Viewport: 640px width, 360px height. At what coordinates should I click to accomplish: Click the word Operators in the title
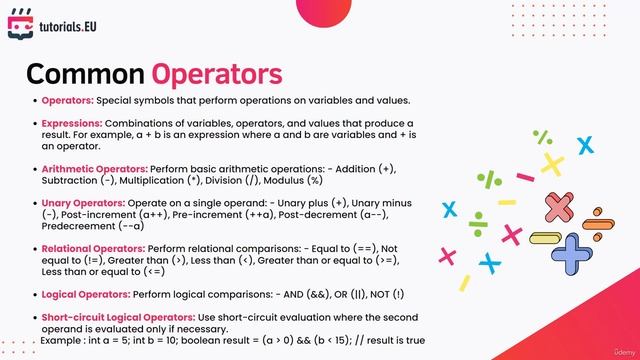click(216, 74)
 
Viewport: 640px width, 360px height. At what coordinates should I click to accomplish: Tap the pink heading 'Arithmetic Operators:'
click(95, 169)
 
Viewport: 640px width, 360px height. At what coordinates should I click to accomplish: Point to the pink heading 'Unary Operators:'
click(81, 202)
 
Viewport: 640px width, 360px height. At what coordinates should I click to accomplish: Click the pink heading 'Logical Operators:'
click(86, 295)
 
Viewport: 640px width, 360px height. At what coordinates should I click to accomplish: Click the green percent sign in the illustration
click(543, 137)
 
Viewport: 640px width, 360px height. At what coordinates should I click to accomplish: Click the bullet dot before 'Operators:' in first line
click(34, 100)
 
